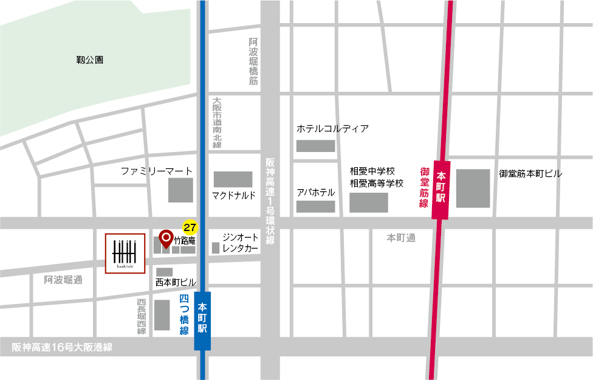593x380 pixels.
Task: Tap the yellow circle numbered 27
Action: click(x=190, y=227)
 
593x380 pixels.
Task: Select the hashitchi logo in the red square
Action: click(x=125, y=254)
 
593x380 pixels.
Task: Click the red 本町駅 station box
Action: click(x=440, y=188)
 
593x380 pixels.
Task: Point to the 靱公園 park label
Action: click(x=89, y=60)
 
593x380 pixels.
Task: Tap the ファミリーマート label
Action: click(x=156, y=171)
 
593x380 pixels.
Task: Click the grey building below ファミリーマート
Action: click(x=180, y=190)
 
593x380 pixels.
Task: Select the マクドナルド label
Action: click(x=234, y=195)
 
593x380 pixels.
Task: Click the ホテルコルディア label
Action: click(x=332, y=129)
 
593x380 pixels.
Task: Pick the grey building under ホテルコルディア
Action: click(x=315, y=146)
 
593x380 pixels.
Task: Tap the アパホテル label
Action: click(x=315, y=193)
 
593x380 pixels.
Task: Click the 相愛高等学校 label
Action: click(x=376, y=183)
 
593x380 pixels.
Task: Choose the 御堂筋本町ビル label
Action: click(x=530, y=174)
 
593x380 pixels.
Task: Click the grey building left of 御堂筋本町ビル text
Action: click(x=473, y=188)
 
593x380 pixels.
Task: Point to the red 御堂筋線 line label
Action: click(x=424, y=188)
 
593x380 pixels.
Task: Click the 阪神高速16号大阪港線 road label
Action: click(x=63, y=347)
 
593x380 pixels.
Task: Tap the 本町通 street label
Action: click(x=401, y=238)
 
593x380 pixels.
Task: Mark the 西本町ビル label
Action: click(x=176, y=283)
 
